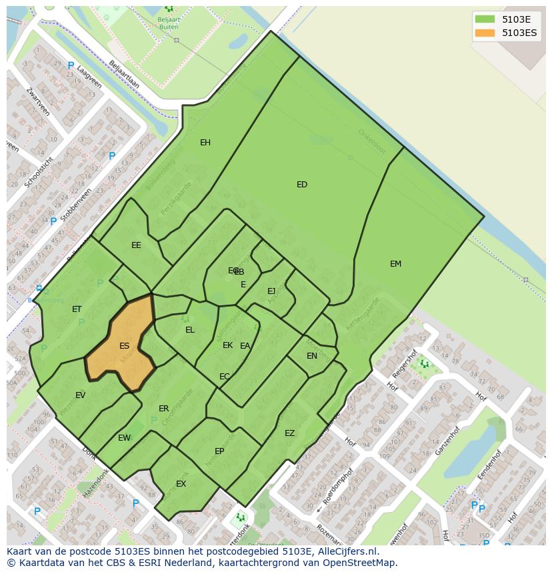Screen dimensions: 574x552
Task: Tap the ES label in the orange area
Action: tap(124, 346)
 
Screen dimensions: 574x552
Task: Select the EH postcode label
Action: tap(205, 143)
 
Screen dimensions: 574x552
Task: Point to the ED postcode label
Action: tap(302, 185)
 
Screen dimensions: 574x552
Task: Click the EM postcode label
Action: tap(395, 264)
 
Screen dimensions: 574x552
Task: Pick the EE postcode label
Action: tap(136, 245)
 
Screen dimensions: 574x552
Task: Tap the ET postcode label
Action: tap(77, 309)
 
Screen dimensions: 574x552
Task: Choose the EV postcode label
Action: tap(80, 395)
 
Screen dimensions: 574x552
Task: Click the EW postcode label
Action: tap(124, 438)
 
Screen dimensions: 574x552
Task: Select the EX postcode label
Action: tap(181, 484)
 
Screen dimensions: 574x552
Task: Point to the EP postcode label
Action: tap(219, 451)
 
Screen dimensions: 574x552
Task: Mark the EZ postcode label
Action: tap(289, 433)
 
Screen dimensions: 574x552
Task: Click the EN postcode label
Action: tap(312, 356)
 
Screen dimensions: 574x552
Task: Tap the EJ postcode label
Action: tap(271, 291)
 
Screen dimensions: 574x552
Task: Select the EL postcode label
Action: tap(190, 330)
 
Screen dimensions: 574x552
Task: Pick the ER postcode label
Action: tap(163, 409)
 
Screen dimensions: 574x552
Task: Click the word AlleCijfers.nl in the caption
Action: tap(347, 551)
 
